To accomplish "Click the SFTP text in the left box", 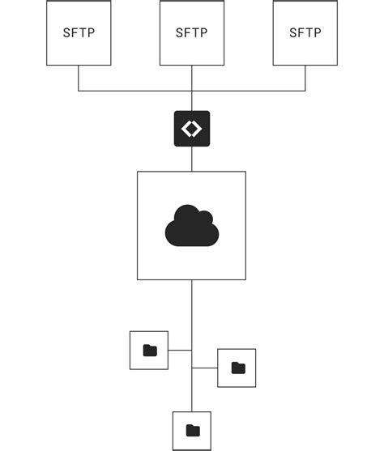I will (x=79, y=33).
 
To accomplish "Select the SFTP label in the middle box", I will (x=192, y=33).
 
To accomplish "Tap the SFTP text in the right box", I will (x=305, y=33).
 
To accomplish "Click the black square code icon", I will (x=192, y=129).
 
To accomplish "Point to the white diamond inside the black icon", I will (x=192, y=129).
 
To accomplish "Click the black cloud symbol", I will (x=191, y=226).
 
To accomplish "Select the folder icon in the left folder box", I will (x=149, y=351).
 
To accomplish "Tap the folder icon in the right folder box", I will (x=237, y=368).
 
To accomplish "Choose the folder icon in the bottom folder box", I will (x=192, y=430).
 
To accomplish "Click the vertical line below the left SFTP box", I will (x=79, y=78).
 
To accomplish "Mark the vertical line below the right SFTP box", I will (x=305, y=78).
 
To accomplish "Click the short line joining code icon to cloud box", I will (x=192, y=159).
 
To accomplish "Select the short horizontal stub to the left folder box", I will (x=180, y=351).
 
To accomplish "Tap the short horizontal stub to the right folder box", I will (x=204, y=368).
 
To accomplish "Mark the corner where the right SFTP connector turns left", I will (x=305, y=90).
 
